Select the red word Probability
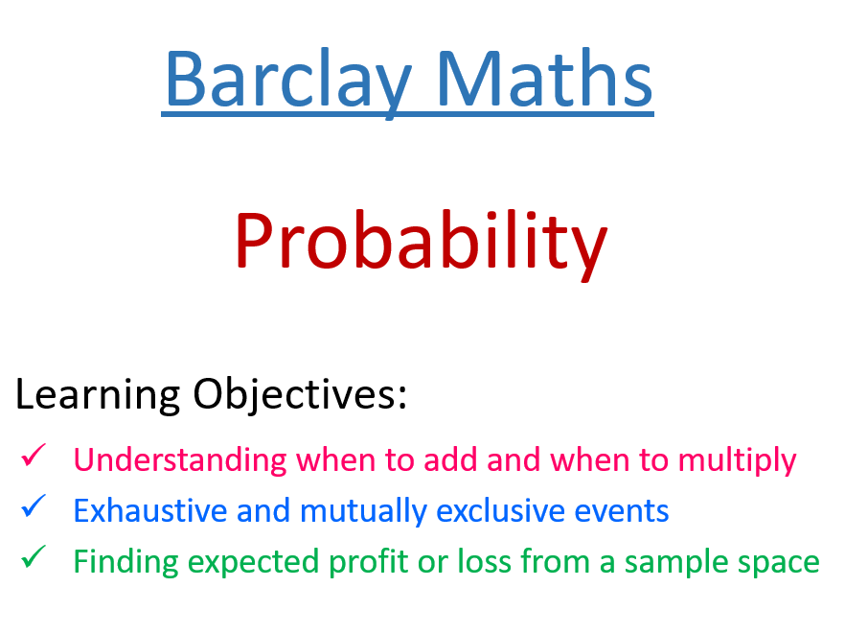coord(421,241)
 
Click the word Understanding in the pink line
coord(180,460)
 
